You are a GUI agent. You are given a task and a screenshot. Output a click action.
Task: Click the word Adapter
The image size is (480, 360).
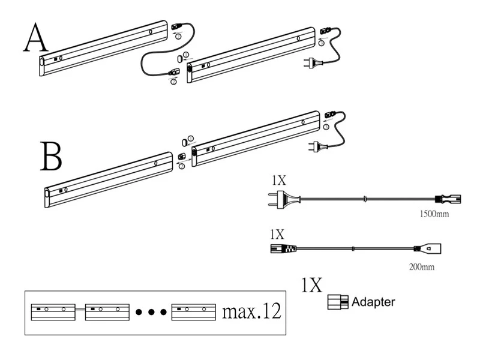coord(374,302)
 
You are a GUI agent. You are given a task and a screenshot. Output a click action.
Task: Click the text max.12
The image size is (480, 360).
coord(251,311)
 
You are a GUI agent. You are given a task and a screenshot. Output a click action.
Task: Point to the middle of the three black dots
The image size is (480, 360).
coord(152,313)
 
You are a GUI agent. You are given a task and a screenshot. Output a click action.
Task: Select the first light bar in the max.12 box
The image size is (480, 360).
coord(53,311)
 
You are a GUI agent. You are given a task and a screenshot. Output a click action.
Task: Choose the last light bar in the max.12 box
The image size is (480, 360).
coord(193,311)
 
